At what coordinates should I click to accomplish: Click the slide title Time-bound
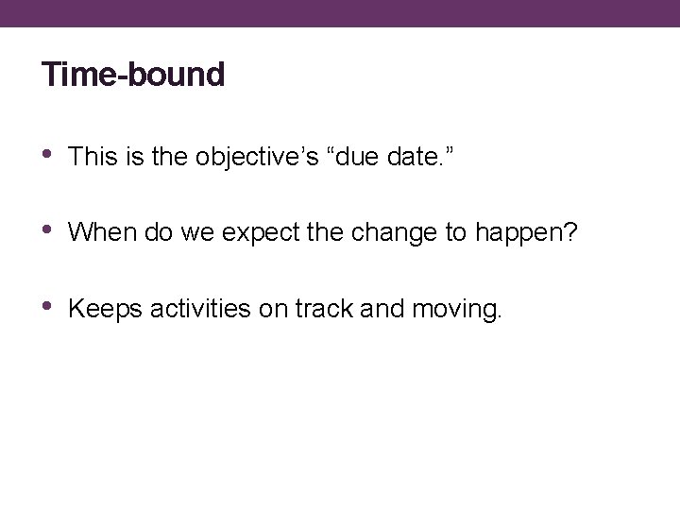133,75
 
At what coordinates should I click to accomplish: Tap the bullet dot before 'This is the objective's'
48,154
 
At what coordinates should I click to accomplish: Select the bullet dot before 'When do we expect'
48,230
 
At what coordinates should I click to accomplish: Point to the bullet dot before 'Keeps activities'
48,307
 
